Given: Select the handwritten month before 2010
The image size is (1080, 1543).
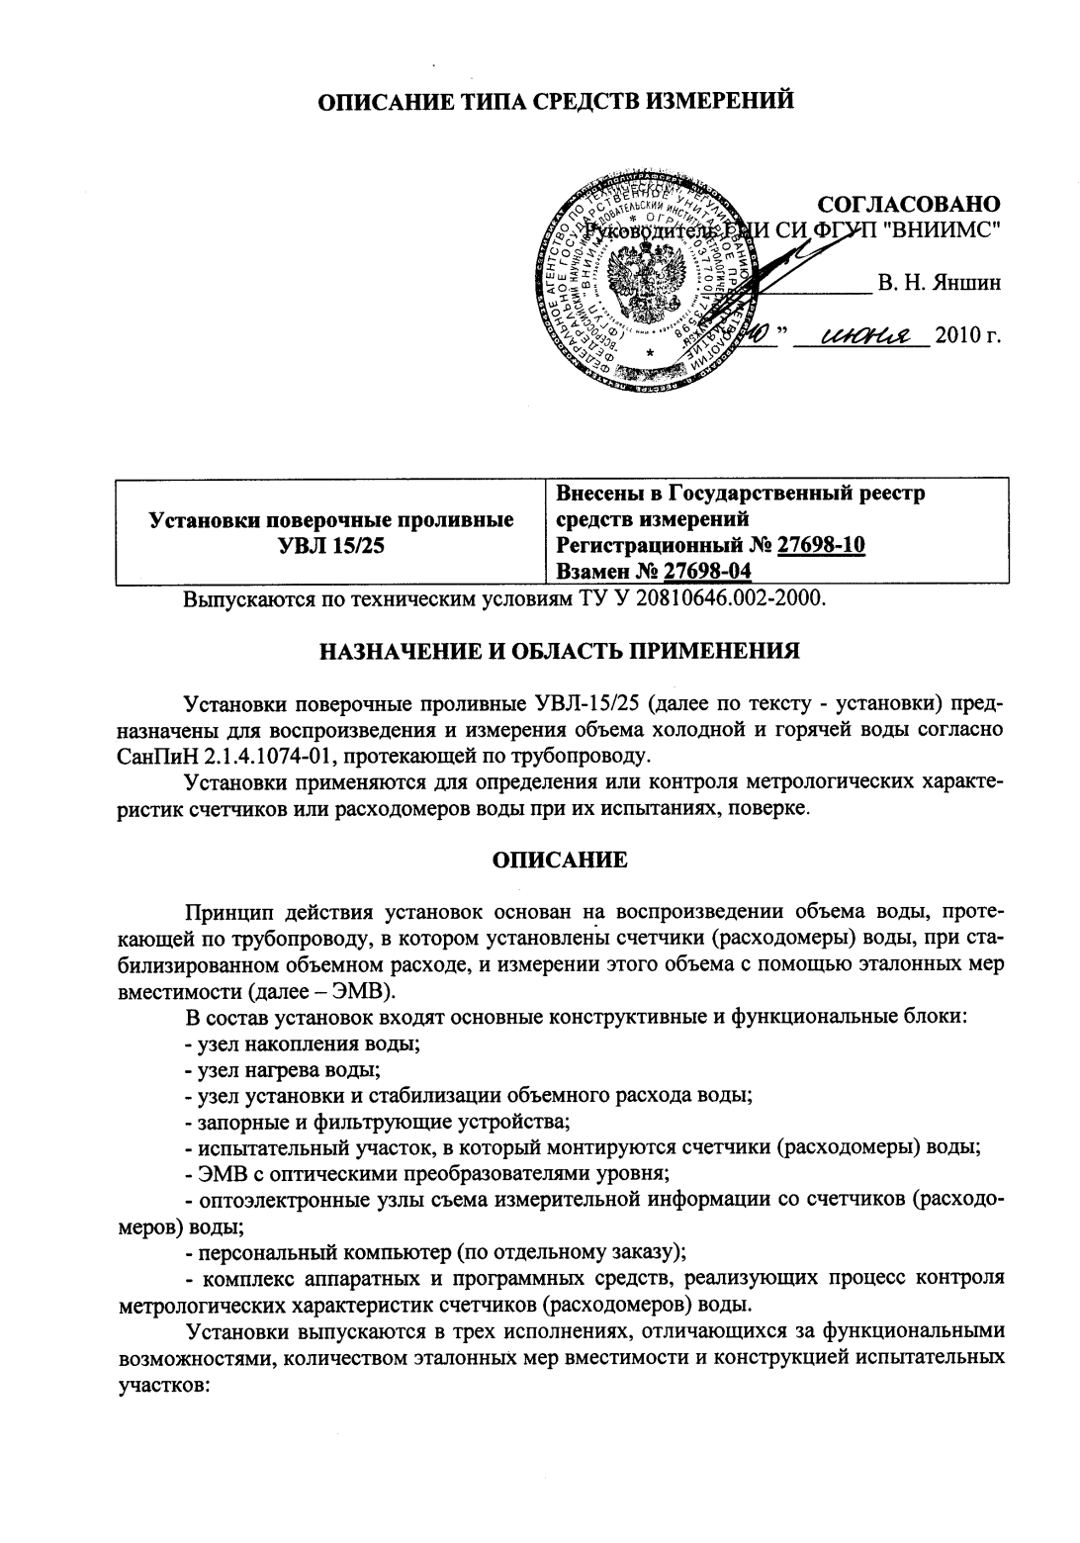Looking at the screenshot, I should tap(858, 336).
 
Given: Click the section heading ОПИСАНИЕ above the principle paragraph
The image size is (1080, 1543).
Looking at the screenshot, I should tap(560, 860).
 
